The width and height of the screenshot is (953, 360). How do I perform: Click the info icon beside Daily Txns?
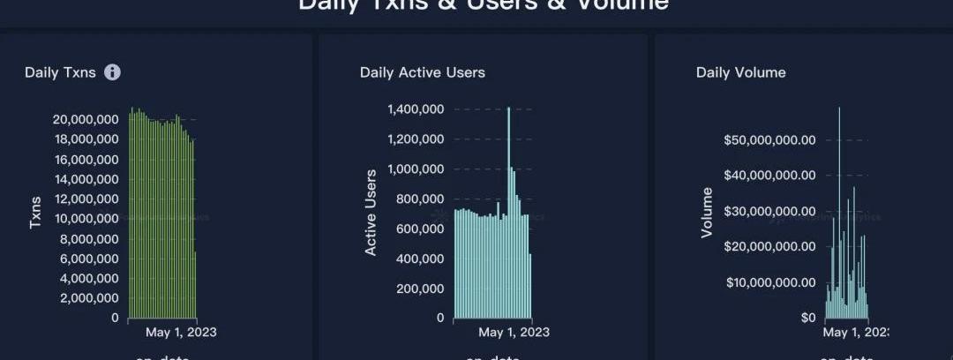tap(112, 72)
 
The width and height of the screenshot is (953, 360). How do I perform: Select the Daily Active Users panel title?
tap(422, 72)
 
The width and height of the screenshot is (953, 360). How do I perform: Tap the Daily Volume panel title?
tap(740, 72)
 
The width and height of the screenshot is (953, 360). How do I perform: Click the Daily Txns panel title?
tap(54, 72)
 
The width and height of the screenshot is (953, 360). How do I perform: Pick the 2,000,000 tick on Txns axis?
tap(89, 298)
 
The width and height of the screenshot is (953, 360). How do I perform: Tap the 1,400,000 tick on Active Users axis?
tap(415, 109)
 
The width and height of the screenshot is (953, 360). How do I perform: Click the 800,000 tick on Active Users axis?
tap(419, 199)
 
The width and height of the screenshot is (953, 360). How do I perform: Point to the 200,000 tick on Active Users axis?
tap(419, 289)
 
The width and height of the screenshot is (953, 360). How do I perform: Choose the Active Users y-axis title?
tap(371, 213)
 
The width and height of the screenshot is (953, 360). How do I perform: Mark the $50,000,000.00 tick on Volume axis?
tap(769, 139)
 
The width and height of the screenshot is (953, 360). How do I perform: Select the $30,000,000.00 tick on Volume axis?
tap(769, 211)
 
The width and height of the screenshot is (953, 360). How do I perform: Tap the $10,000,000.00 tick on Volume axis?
tap(769, 282)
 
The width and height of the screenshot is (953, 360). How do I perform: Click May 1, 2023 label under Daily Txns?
tap(180, 333)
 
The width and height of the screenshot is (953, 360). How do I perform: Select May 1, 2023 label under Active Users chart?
tap(514, 333)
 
